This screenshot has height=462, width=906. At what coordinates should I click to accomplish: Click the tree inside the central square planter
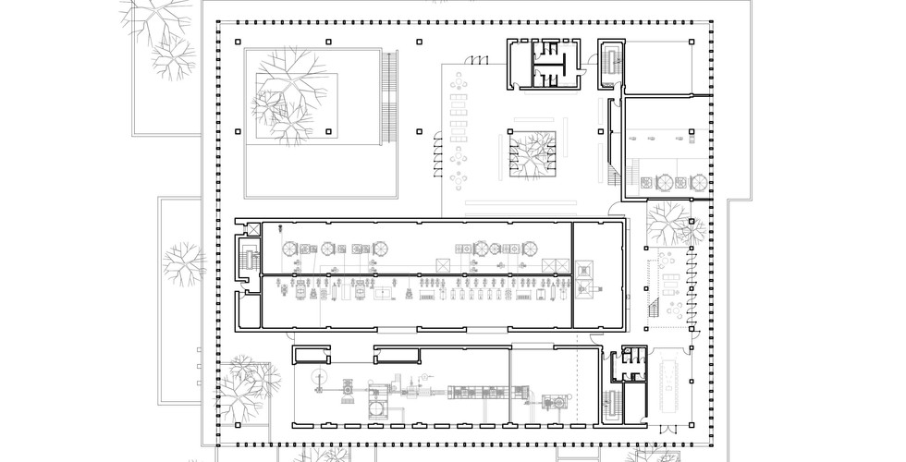pos(530,153)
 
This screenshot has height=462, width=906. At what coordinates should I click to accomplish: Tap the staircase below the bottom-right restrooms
pos(612,403)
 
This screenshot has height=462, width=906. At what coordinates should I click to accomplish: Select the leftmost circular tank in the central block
pos(288,249)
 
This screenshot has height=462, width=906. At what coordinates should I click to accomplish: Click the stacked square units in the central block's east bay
pos(584,277)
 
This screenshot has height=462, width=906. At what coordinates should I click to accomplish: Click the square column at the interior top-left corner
pos(239,42)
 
